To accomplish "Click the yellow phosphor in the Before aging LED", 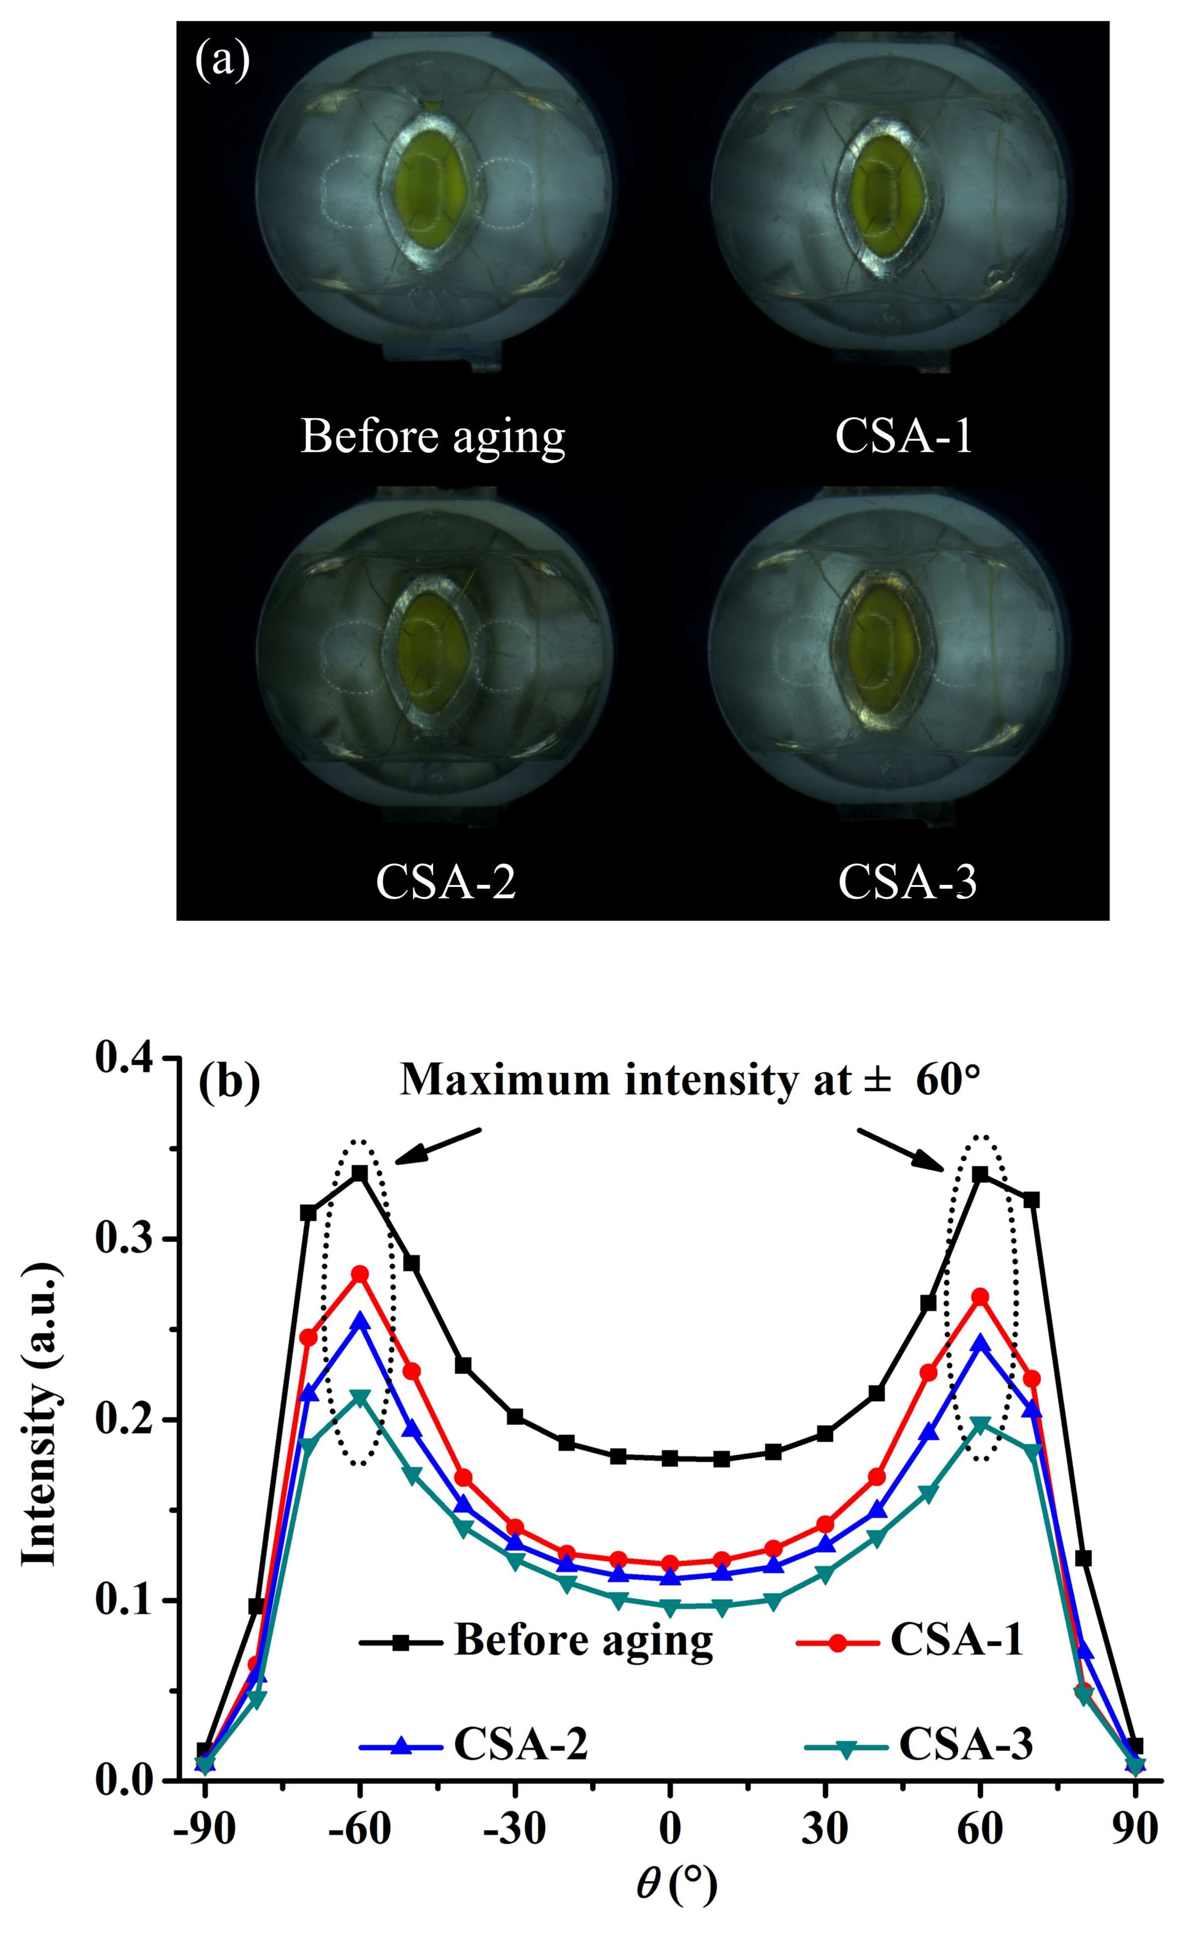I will click(430, 188).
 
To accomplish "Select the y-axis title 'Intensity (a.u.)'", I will click(39, 1416).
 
